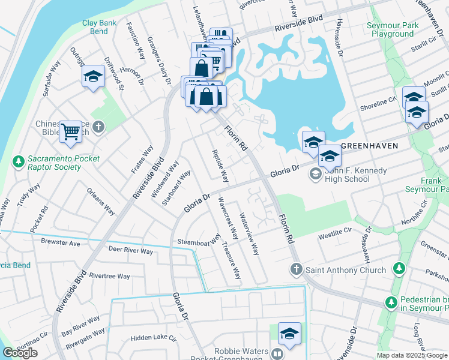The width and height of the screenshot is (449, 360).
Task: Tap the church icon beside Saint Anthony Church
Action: point(296,269)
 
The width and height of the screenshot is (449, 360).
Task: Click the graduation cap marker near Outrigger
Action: point(93,77)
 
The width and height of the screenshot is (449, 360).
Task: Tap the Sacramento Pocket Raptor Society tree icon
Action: point(19,162)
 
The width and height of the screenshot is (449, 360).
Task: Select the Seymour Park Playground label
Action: point(393,30)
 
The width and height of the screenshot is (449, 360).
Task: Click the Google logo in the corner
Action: point(20,353)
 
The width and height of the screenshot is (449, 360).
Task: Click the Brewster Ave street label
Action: point(61,244)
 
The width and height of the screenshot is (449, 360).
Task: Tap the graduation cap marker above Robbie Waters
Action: point(289,334)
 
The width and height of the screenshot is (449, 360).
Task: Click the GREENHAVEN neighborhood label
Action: point(370,146)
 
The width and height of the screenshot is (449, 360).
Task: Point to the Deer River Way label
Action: point(130,250)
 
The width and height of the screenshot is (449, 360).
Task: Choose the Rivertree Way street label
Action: point(109,276)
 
